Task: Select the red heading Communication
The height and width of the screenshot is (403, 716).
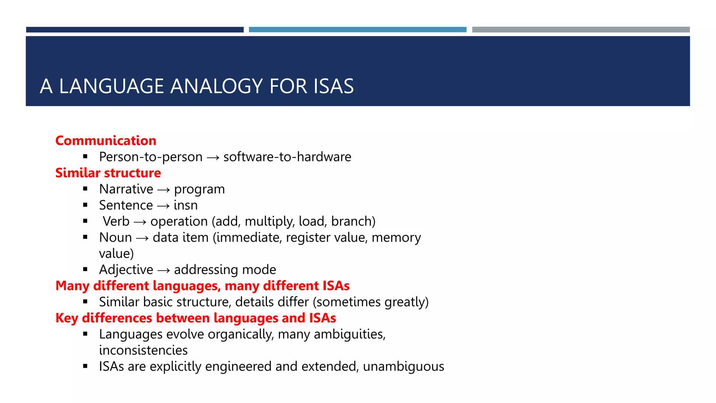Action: (106, 141)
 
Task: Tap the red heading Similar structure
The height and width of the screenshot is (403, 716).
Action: (108, 173)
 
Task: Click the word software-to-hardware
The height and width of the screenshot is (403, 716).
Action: (287, 157)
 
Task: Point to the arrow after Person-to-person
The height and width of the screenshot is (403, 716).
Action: (213, 158)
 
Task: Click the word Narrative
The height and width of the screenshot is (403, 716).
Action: (126, 189)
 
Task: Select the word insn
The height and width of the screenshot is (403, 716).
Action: (186, 205)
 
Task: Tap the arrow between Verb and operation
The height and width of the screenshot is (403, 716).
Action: (140, 222)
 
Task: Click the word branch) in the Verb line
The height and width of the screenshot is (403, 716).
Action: (353, 221)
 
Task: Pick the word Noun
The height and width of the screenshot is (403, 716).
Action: (115, 238)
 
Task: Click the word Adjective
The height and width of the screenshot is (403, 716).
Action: (126, 270)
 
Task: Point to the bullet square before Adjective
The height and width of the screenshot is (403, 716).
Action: (85, 269)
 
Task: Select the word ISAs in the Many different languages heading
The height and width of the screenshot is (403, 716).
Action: (336, 286)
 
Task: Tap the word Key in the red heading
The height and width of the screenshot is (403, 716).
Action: (66, 318)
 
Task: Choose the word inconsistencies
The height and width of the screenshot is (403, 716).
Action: (143, 350)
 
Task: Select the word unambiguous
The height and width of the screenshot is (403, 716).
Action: (403, 366)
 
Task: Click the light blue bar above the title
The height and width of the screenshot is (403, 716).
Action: (357, 30)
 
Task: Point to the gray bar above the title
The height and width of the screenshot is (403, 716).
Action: (581, 30)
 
